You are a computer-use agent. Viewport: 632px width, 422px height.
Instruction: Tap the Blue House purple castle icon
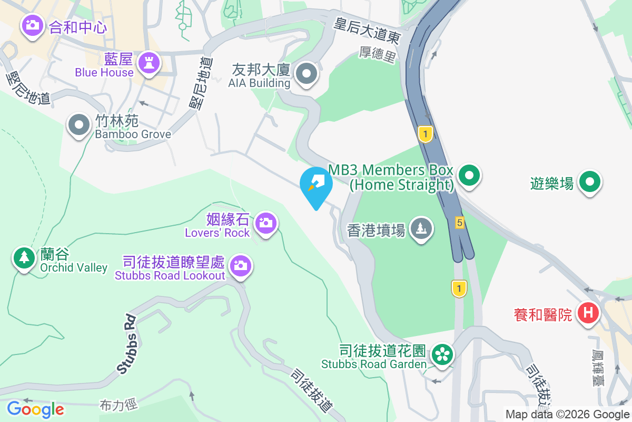[149, 63]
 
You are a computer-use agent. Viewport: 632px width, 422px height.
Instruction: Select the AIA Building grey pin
[306, 74]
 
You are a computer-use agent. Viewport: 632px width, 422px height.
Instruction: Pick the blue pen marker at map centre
[316, 185]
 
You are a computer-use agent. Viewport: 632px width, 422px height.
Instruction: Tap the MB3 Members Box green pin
[468, 175]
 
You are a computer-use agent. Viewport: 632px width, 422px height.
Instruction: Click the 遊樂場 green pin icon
[590, 182]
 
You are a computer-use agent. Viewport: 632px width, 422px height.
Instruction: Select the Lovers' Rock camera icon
[265, 223]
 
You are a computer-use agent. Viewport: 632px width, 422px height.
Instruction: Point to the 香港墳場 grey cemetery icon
[421, 228]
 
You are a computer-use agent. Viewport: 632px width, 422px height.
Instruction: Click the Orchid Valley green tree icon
[24, 257]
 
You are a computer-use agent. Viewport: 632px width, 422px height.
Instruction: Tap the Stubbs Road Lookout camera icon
[241, 265]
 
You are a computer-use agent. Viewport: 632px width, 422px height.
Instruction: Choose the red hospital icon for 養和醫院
[588, 313]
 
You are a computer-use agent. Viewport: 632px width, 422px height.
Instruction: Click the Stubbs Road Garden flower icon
[442, 354]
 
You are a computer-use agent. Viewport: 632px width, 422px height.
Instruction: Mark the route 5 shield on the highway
[460, 223]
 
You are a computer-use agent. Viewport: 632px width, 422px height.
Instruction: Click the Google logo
[35, 409]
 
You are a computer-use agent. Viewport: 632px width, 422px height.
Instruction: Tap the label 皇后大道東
[368, 30]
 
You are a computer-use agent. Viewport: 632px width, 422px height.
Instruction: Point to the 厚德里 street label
[377, 54]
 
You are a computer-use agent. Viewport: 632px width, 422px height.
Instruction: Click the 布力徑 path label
[118, 405]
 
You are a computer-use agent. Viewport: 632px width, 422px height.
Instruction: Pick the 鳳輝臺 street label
[597, 368]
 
